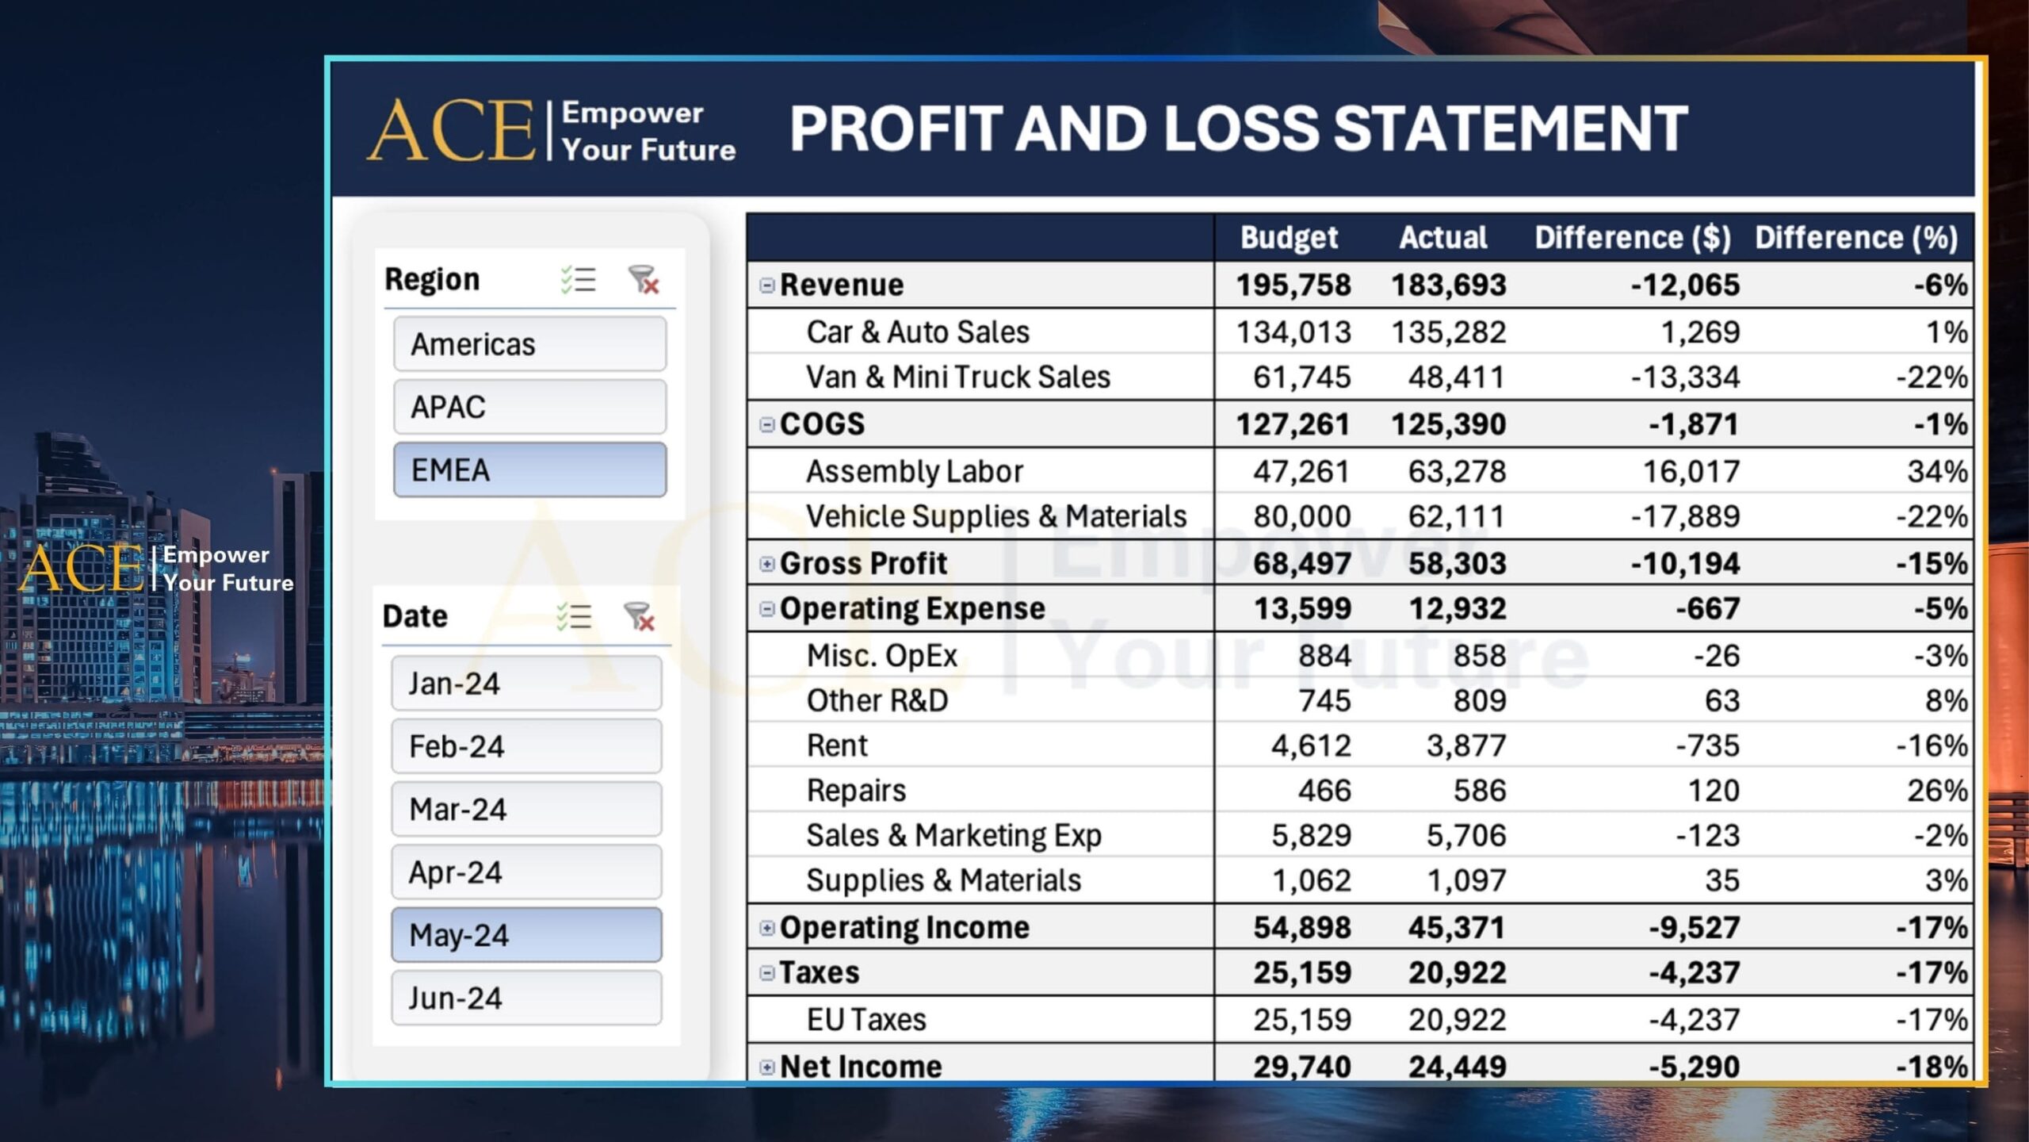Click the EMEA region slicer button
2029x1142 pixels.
point(529,470)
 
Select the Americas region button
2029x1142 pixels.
point(529,344)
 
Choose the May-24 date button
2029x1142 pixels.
point(526,935)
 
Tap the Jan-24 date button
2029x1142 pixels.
point(526,684)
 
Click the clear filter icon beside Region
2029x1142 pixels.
point(643,280)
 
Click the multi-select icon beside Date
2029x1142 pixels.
point(574,616)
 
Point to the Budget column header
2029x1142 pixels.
point(1288,238)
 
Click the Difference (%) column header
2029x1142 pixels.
point(1855,238)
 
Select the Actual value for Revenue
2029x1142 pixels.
point(1448,285)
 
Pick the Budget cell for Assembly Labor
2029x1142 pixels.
point(1301,472)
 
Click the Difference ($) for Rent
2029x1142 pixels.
point(1707,746)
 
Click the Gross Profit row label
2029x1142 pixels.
point(863,564)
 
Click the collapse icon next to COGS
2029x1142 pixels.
point(766,425)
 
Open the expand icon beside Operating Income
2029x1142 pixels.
point(766,928)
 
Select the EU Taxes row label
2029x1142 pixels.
point(865,1020)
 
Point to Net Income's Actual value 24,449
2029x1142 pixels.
point(1456,1067)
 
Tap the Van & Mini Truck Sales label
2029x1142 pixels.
point(957,377)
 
